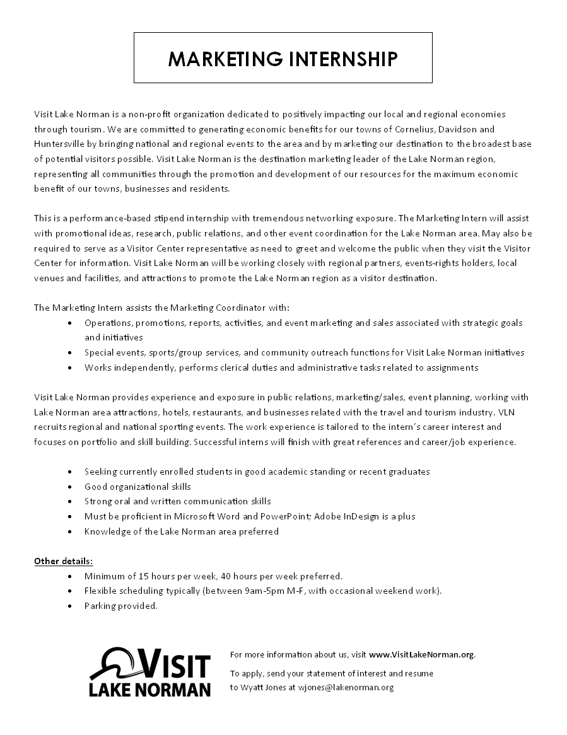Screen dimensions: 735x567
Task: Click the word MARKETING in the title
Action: [224, 59]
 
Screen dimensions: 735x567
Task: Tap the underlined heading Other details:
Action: [64, 560]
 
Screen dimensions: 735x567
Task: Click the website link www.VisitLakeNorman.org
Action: [421, 654]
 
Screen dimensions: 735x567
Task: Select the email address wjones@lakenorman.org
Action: [346, 687]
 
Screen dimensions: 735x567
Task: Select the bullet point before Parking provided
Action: [69, 606]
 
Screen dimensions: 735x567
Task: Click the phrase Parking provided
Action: [120, 606]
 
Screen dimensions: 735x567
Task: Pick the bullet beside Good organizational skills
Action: [69, 487]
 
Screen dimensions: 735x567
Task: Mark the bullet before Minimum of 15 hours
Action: [69, 576]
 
